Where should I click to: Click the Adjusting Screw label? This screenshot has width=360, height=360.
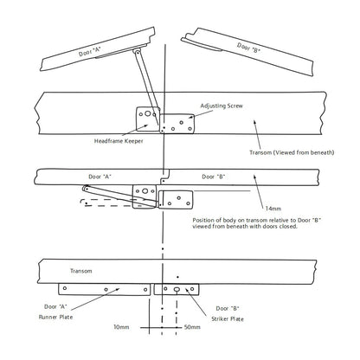tap(222, 106)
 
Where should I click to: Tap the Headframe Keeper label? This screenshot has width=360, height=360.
tap(119, 141)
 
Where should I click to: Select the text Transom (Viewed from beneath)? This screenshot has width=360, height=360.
tap(292, 152)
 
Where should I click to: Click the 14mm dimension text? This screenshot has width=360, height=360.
tap(273, 209)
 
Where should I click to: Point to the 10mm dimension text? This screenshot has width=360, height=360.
tap(121, 327)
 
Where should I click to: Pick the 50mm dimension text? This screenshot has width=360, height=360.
tap(192, 327)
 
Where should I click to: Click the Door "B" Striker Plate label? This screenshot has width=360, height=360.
tap(228, 313)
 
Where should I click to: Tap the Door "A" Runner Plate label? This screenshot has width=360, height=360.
tap(55, 312)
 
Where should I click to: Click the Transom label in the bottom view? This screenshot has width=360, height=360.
tap(81, 271)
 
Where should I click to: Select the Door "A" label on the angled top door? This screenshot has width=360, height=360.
tap(90, 52)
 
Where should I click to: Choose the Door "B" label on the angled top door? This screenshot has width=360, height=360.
tap(248, 48)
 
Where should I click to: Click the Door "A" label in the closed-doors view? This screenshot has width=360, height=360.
tap(100, 177)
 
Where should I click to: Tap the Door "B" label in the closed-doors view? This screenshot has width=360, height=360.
tap(214, 177)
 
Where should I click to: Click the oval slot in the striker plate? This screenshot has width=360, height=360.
tap(177, 289)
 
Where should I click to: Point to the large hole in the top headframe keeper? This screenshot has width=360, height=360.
tap(148, 113)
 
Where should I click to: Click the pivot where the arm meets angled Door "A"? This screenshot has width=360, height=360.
tap(138, 52)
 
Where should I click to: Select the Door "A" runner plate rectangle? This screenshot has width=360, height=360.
tap(105, 289)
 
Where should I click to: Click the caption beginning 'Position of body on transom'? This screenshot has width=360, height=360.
tap(257, 223)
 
